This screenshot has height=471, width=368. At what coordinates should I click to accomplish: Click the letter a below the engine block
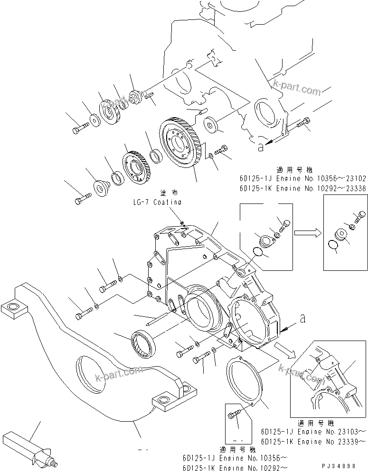260,148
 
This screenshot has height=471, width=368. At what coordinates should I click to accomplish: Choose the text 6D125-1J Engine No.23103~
313,432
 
